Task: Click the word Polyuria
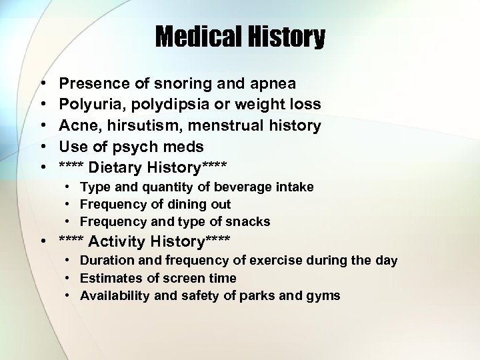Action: (89, 104)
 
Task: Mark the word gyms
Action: (325, 295)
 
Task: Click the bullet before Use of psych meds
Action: (43, 145)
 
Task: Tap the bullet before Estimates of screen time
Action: (68, 278)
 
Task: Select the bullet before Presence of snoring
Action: (43, 83)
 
